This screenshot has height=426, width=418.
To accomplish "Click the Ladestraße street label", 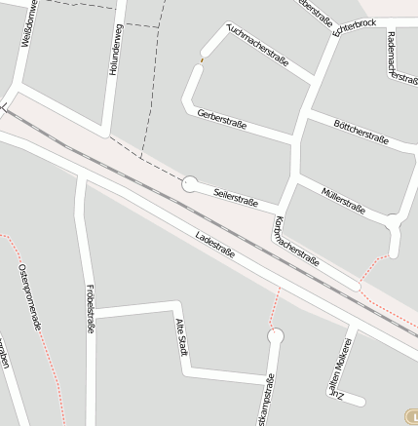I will pos(215,245).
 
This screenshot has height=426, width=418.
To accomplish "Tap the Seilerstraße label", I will pos(235,197).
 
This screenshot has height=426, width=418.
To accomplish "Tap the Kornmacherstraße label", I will pos(297,241).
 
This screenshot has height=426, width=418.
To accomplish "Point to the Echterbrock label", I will pos(354,27).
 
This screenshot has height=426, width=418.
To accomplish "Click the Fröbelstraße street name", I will pos(90,309).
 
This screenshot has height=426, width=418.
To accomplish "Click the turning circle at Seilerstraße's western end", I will pos(190,182).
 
